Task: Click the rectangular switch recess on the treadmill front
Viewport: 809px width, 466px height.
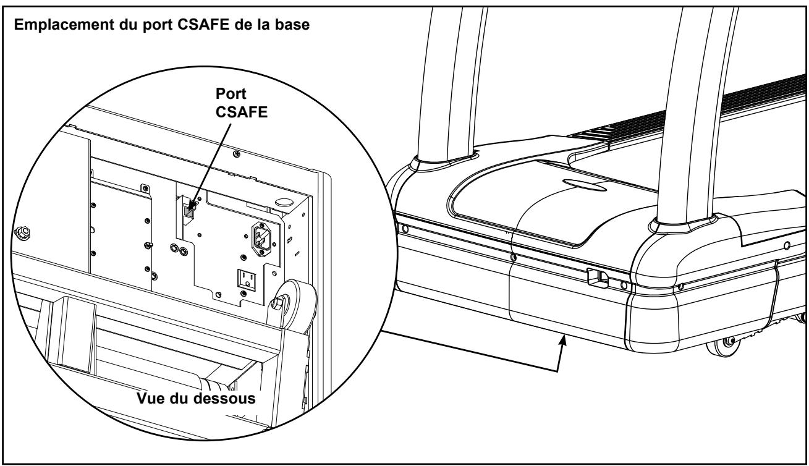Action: (x=596, y=277)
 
